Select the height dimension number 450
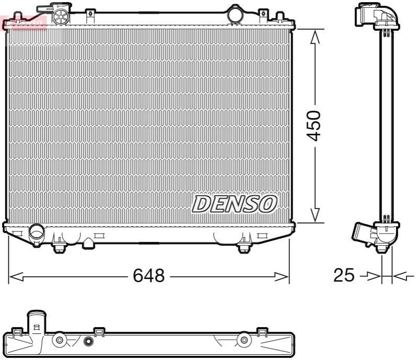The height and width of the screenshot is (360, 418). (x=314, y=125)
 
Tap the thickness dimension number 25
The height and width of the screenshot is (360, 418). (x=344, y=275)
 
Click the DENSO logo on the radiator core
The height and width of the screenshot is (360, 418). (x=235, y=204)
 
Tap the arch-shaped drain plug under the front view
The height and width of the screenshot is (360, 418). (x=89, y=243)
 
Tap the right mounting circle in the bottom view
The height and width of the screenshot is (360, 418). (x=243, y=341)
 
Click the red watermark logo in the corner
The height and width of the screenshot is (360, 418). (x=24, y=22)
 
